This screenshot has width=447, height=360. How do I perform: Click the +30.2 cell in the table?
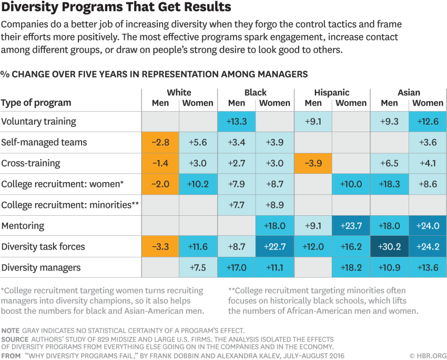pos(389,246)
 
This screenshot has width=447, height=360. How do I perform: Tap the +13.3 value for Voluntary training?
pos(237,122)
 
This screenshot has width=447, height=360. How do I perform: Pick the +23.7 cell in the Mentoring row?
pos(351,226)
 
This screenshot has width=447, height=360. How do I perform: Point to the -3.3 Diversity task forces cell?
pos(160,246)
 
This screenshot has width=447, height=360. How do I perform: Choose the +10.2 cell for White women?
pos(198,184)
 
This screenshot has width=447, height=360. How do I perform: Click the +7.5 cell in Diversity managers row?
pos(198,267)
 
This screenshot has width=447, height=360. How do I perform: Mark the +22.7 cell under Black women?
pos(275,246)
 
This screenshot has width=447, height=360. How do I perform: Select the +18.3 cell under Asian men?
pos(389,184)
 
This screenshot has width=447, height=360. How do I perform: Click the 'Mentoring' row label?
pos(23,226)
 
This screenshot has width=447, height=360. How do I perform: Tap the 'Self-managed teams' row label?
pos(44,143)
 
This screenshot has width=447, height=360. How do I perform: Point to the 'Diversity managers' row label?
pos(41,267)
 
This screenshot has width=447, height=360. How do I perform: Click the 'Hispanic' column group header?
pos(332,93)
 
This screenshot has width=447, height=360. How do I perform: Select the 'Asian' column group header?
pos(409,93)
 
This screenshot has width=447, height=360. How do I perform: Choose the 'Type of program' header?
pos(36,103)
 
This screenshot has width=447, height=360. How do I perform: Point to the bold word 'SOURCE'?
pos(15,339)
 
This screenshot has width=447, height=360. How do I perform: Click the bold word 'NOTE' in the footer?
pos(11,330)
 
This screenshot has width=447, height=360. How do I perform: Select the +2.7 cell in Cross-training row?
pos(237,163)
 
